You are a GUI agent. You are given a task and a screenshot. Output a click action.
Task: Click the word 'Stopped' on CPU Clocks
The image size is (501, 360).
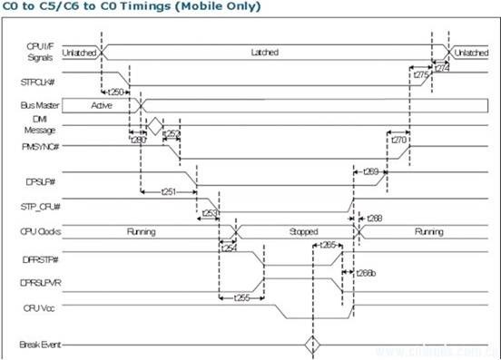(303, 231)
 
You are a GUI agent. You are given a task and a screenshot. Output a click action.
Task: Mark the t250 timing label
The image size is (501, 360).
(116, 92)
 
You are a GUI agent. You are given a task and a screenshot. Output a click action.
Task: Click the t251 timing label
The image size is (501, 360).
(167, 192)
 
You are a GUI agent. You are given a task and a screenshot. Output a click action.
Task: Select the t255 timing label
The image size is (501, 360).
(241, 297)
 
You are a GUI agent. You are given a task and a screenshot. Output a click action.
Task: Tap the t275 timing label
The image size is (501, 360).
(420, 75)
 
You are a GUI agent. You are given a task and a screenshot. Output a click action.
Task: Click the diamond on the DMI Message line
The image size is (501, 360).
(155, 125)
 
